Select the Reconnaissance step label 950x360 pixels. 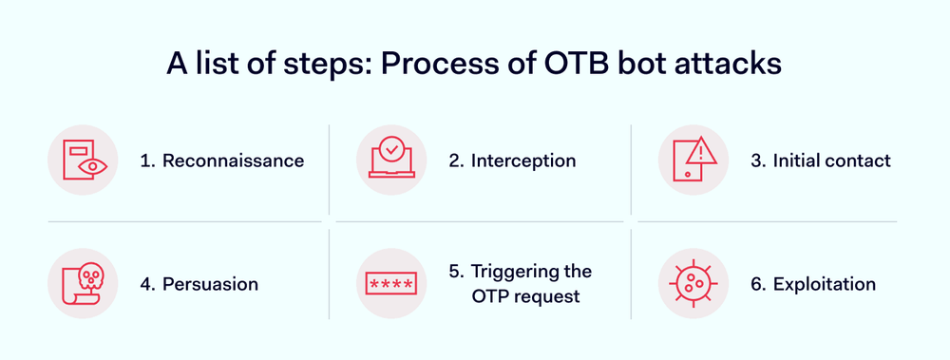(233, 161)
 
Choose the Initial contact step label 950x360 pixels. (832, 161)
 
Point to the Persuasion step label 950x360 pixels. (210, 284)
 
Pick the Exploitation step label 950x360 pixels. (824, 284)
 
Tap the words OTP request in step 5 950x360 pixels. (525, 296)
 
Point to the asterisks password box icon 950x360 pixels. (391, 284)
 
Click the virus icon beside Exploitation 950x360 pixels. (693, 284)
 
